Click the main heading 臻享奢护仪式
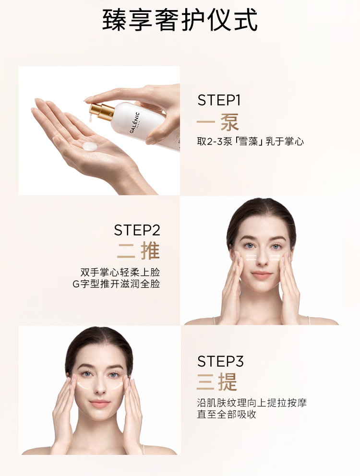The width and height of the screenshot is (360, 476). click(x=180, y=20)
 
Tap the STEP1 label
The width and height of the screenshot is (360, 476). click(x=219, y=100)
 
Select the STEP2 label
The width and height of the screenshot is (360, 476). click(x=137, y=230)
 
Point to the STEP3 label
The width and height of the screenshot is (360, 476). click(x=220, y=361)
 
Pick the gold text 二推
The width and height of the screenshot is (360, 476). click(x=139, y=251)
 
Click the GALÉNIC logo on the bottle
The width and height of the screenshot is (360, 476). click(x=134, y=123)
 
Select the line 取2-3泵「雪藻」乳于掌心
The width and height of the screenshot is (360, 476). click(x=251, y=142)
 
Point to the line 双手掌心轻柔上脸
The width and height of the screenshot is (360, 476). click(x=120, y=272)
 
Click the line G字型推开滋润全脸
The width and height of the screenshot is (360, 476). click(x=116, y=284)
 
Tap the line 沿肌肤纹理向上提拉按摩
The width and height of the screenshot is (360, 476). click(x=252, y=403)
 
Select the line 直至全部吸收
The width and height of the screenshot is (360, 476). click(x=227, y=415)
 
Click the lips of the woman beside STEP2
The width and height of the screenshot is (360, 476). click(x=262, y=275)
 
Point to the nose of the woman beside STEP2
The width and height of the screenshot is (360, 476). click(x=262, y=261)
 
